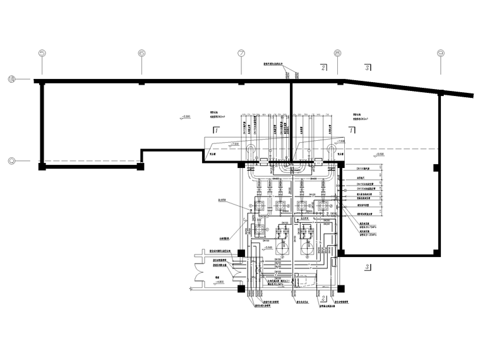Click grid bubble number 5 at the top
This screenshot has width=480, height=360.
coord(42,54)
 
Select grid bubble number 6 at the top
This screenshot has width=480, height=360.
coord(141,54)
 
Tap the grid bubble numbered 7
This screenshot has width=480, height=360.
coord(241,54)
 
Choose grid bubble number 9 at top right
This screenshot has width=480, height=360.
coord(440,54)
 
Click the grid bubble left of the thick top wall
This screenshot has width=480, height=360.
coord(12,80)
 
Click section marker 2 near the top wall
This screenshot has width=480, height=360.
coord(323,66)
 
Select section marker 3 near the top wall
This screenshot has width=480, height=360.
coord(367,66)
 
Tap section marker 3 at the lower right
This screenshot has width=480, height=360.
coord(366,267)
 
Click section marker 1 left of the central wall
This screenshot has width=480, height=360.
coord(216,131)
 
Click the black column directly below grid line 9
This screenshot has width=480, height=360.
coord(435,167)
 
